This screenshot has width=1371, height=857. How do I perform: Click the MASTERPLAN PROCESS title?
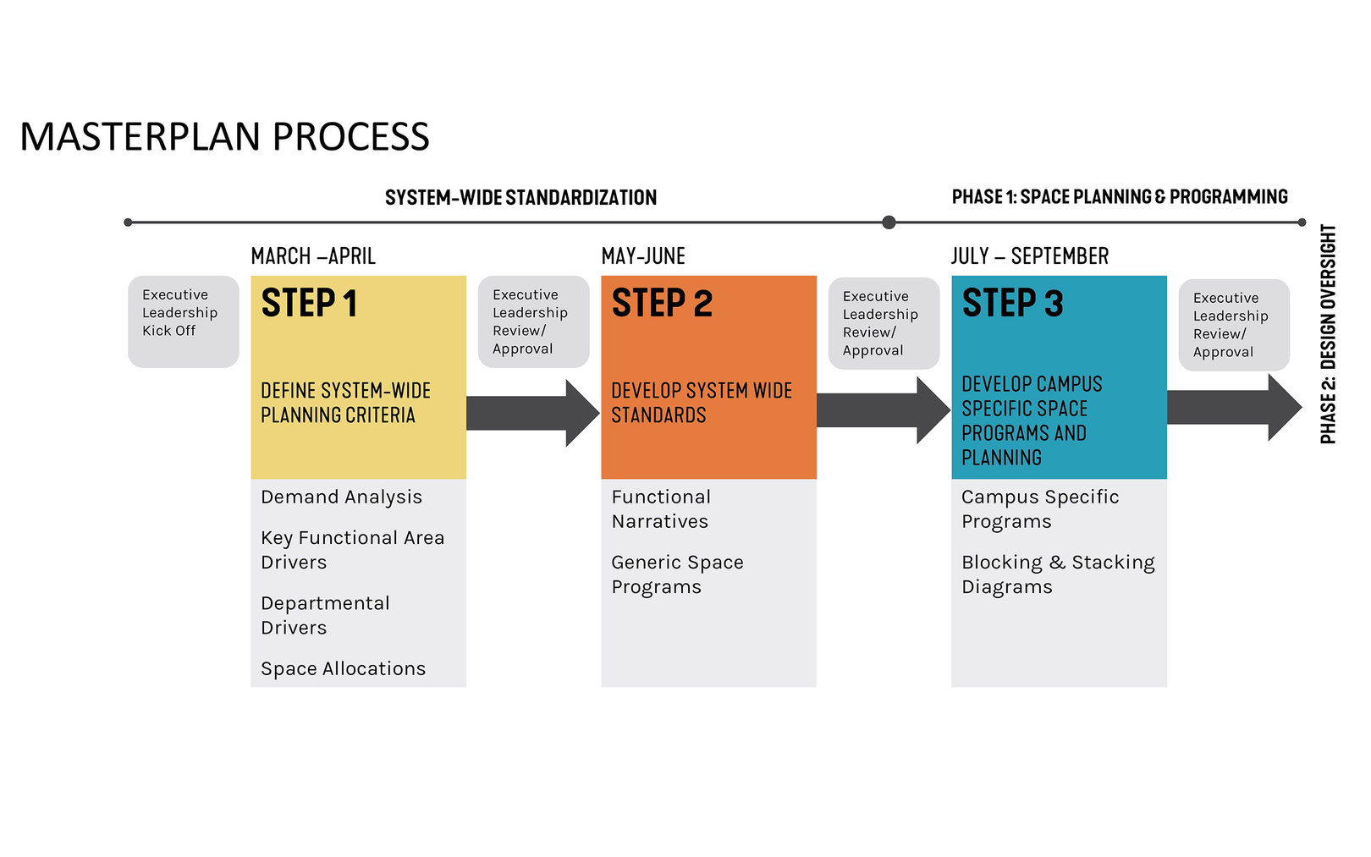pos(224,137)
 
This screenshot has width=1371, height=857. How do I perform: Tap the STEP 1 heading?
pos(309,304)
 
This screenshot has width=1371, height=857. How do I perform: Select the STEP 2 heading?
pos(662,304)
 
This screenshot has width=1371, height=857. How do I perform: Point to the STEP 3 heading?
pos(1012,304)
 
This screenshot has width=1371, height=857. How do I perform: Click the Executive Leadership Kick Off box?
pos(183,321)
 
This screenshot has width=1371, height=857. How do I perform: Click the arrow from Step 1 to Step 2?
pos(531,413)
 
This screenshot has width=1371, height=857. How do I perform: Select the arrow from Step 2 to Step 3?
pos(882,410)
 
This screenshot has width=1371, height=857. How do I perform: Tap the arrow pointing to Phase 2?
pos(1232,408)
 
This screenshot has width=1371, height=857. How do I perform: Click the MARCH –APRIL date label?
pos(313,256)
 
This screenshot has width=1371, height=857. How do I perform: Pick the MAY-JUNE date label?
pos(643,256)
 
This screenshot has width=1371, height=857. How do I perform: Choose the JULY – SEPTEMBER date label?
pos(1029,256)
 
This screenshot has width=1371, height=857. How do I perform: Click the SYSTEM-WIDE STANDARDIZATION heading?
pos(520,198)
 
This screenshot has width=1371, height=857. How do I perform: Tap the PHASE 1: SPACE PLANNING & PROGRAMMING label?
pos(1119,197)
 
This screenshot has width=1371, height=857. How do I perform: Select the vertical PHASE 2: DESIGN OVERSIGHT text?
pos(1328,333)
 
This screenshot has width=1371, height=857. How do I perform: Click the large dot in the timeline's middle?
pos(889,222)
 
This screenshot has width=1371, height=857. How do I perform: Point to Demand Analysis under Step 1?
pos(341,497)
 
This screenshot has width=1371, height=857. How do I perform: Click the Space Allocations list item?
pos(343,669)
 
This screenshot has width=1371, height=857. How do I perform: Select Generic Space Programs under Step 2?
pos(677,574)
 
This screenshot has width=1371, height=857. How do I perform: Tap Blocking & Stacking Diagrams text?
pos(1057,574)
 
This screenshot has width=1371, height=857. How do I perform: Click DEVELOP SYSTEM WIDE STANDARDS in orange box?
pos(701,403)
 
